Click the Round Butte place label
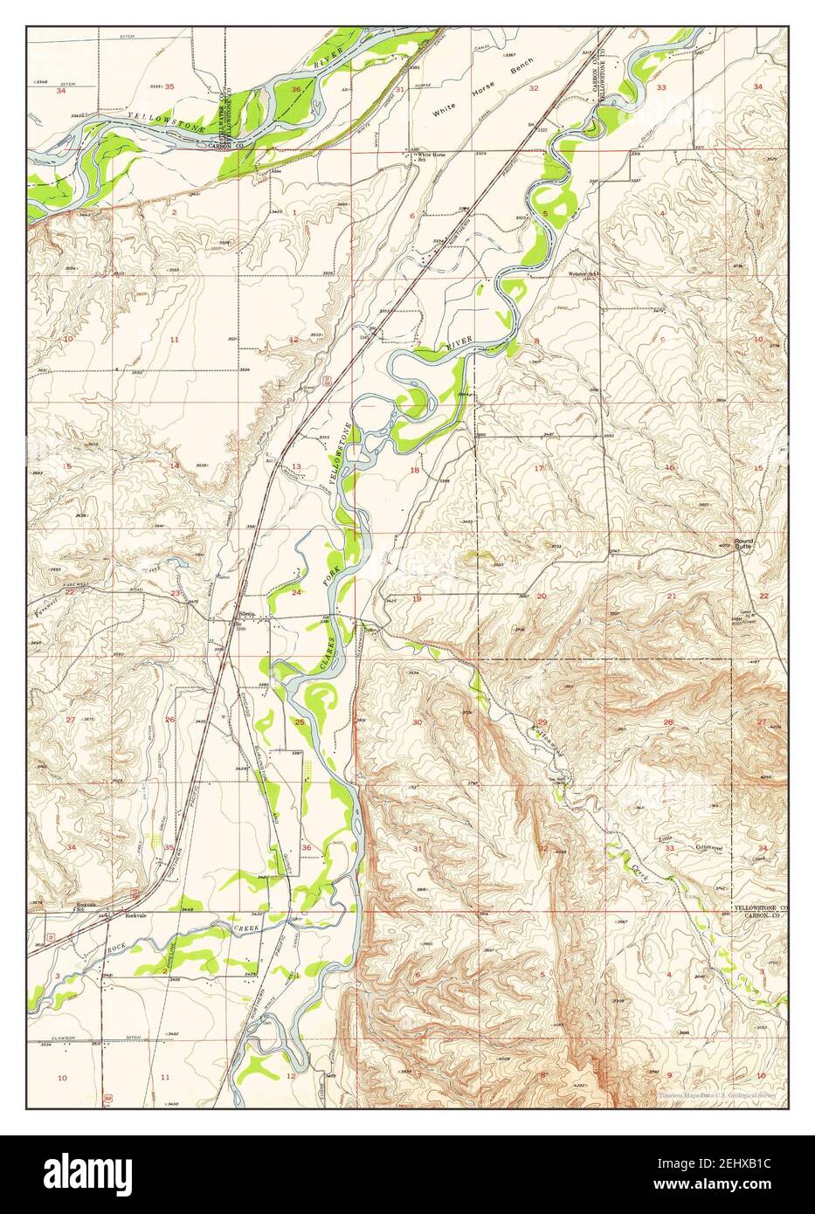point(749,541)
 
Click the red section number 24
point(297,593)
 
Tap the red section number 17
point(539,468)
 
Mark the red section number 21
point(672,596)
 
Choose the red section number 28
point(668,722)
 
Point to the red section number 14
point(175,466)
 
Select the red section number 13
point(296,466)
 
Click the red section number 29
point(542,721)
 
